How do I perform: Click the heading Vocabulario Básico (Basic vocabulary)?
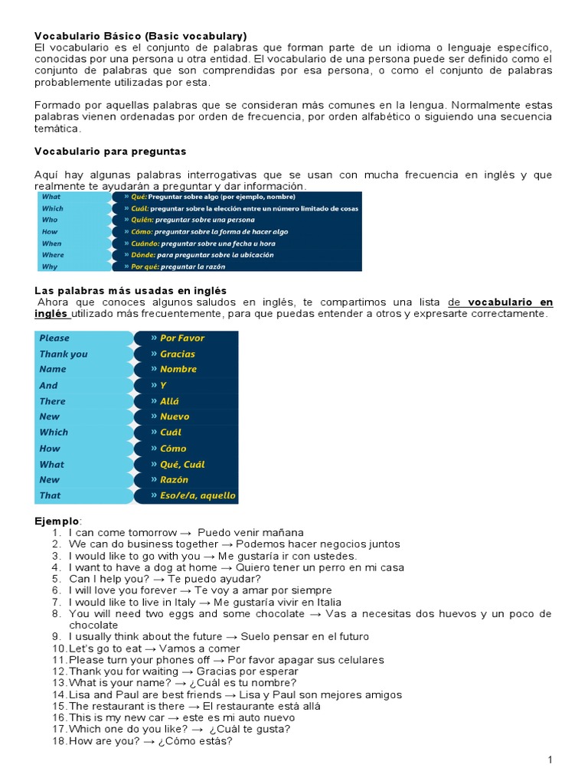coord(141,36)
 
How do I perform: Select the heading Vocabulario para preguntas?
coord(110,152)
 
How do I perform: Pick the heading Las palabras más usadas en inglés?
coord(131,290)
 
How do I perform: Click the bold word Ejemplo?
coord(57,521)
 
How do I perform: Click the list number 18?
coord(60,741)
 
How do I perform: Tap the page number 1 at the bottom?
coord(550,759)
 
